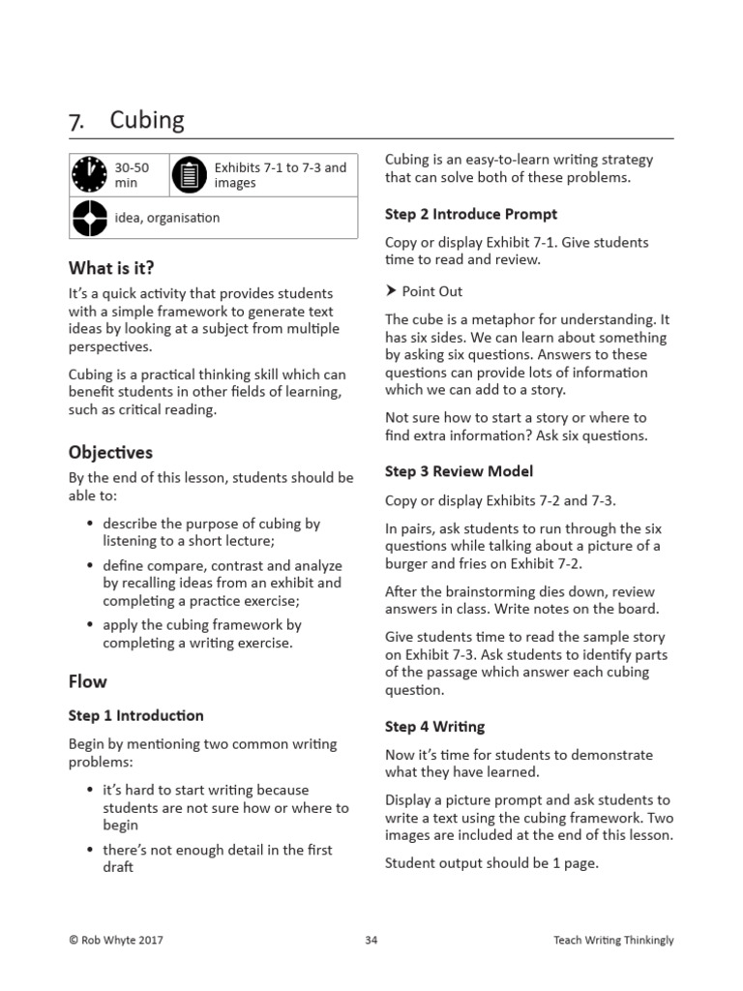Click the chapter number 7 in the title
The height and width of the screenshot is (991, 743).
pos(76,122)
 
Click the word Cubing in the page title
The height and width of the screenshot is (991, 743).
pos(147,120)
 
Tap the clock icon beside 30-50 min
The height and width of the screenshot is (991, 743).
pos(90,175)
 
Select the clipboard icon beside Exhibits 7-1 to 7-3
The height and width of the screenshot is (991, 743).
pos(190,175)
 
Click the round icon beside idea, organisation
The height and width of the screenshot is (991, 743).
pos(90,219)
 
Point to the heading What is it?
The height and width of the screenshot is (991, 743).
pos(111,267)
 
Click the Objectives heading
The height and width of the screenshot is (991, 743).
pos(110,452)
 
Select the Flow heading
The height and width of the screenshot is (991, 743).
pos(88,681)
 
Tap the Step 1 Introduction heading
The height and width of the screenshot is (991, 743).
pos(136,716)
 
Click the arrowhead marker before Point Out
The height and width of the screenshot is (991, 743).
pos(391,291)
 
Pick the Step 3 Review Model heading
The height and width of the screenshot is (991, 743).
pos(459,471)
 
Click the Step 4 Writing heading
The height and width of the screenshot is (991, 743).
pos(435,727)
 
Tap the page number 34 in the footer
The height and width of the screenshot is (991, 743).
pos(371,940)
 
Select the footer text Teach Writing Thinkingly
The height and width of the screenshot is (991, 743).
pos(613,940)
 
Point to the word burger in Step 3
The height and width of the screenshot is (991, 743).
pos(405,564)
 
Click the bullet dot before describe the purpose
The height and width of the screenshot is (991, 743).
pos(90,525)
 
